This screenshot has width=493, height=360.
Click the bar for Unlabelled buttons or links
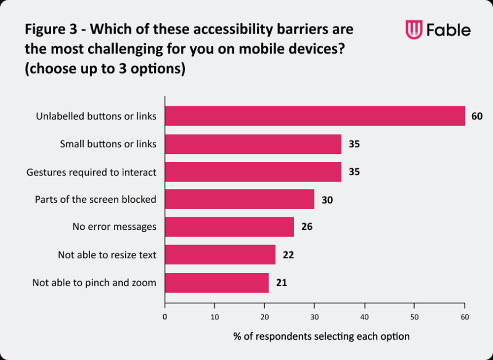[315, 116]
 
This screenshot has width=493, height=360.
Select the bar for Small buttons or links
[253, 144]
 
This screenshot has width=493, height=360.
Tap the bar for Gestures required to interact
[253, 172]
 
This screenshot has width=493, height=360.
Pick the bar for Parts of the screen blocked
[240, 199]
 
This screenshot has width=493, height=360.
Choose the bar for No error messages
[229, 227]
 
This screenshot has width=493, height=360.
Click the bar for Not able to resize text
[220, 255]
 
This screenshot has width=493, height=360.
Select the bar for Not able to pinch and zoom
[217, 283]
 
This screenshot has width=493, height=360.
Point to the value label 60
[476, 117]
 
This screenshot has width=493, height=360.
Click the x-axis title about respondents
[321, 336]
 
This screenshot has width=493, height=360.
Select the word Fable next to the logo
[448, 30]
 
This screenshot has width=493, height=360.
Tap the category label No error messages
[114, 227]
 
